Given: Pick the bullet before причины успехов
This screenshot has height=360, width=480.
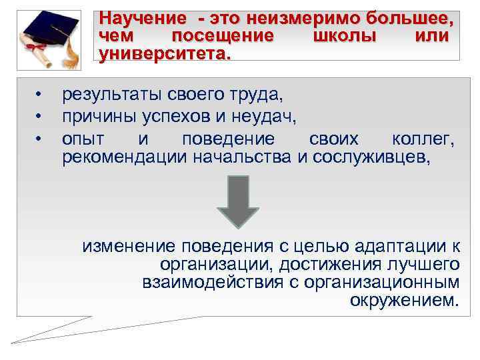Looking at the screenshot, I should [39, 117].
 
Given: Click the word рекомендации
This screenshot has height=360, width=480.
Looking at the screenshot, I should [125, 157].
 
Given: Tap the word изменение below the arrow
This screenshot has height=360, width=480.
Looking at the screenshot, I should [126, 247].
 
